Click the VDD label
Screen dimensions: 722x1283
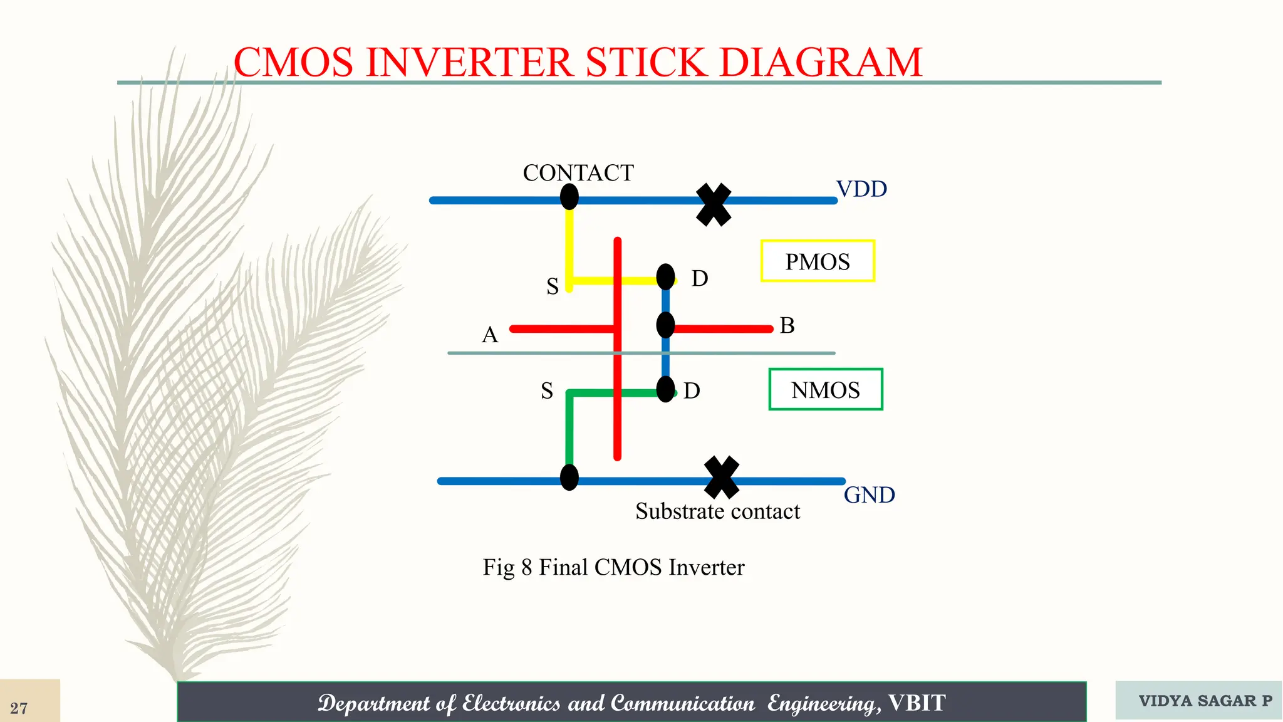pos(861,189)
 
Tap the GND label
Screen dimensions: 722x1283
pos(869,495)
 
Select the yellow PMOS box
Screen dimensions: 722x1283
pos(818,261)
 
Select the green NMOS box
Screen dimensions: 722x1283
pos(826,389)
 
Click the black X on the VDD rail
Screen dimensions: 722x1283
pos(714,204)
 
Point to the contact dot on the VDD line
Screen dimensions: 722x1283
pos(569,197)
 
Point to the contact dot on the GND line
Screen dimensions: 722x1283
pos(569,478)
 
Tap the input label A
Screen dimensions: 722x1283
pos(490,335)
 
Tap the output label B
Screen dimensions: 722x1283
pos(787,326)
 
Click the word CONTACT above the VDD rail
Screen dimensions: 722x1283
pos(578,173)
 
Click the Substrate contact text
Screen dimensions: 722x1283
pos(717,511)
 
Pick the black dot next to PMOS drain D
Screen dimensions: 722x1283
pos(665,276)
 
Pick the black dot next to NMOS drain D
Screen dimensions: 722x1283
pos(665,389)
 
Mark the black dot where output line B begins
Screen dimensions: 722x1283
pos(665,325)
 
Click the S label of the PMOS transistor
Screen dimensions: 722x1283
pos(552,286)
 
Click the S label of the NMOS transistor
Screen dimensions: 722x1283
pos(547,391)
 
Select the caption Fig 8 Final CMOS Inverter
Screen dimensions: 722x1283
pos(613,567)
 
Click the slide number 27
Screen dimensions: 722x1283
pos(19,708)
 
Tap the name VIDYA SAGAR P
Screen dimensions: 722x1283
pos(1205,701)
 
